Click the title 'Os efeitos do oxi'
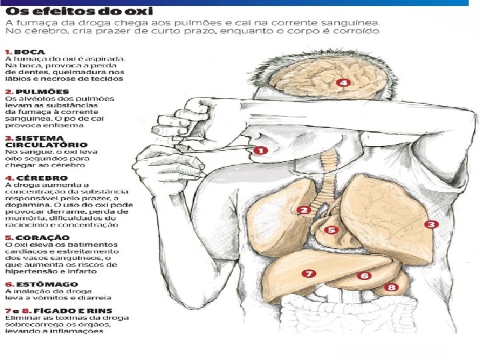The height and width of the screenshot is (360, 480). point(79,11)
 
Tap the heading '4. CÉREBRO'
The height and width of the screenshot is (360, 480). point(36,178)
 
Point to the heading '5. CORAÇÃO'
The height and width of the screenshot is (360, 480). point(37,237)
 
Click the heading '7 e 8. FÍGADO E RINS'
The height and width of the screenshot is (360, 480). point(58,311)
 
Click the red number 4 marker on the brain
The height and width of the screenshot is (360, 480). point(343,83)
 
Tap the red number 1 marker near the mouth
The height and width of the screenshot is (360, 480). point(260,151)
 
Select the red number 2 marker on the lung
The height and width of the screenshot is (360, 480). point(304,211)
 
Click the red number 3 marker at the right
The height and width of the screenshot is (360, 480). point(431,225)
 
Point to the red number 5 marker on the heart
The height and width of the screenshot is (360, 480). point(331,230)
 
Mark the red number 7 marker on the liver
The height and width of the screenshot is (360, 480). point(308,273)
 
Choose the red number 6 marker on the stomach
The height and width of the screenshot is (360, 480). point(364,275)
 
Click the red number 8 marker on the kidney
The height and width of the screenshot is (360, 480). point(391,287)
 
